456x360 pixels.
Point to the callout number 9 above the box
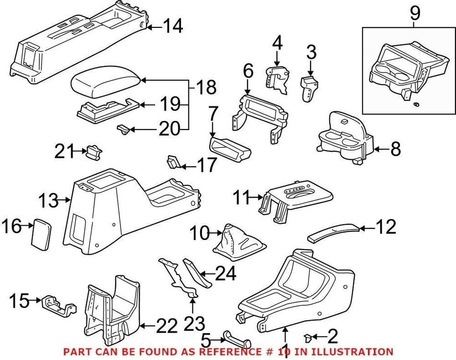click(x=414, y=13)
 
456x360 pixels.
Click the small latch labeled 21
click(x=93, y=152)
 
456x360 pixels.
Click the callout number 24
click(x=225, y=274)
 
